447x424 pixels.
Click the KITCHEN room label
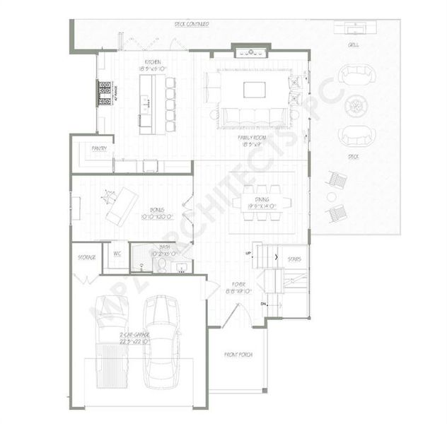click(153, 62)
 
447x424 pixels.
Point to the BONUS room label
click(152, 210)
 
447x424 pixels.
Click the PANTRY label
click(99, 148)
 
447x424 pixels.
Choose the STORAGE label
click(86, 258)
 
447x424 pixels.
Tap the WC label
click(117, 253)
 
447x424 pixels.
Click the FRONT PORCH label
click(238, 354)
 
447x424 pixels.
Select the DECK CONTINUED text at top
click(192, 24)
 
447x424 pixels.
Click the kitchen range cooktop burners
click(104, 93)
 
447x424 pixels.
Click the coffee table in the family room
click(255, 89)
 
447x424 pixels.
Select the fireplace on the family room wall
click(252, 50)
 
